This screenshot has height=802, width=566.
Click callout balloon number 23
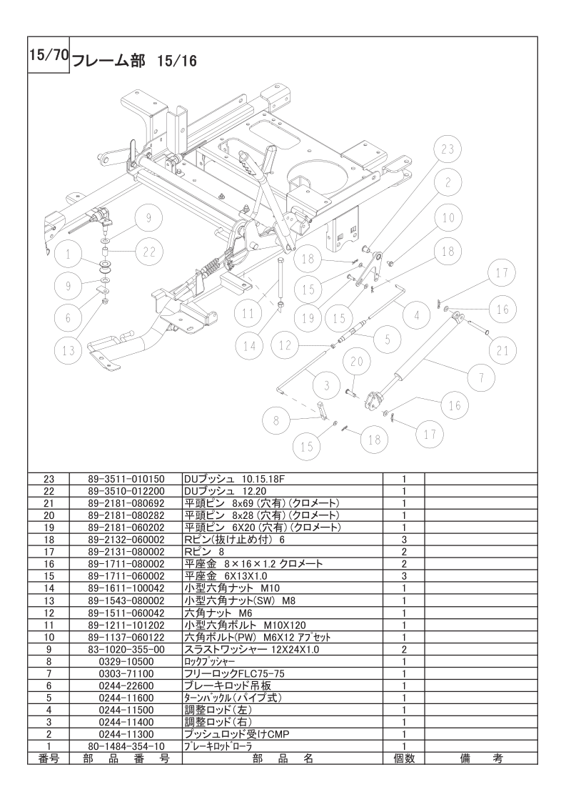[x=448, y=149]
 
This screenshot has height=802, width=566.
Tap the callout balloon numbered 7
[x=480, y=379]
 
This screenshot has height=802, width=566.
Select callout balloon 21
[x=503, y=350]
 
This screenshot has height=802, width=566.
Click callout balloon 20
[x=357, y=362]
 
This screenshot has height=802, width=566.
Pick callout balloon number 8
[x=276, y=421]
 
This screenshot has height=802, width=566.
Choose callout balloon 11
[x=248, y=313]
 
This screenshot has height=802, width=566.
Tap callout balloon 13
[x=69, y=350]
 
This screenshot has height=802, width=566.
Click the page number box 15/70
[x=49, y=55]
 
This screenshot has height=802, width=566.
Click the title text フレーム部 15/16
[x=134, y=61]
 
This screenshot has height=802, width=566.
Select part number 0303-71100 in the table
[x=126, y=673]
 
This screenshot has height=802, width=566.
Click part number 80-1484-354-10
[x=126, y=747]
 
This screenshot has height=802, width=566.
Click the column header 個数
[x=403, y=758]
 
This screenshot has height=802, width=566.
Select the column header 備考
[x=480, y=758]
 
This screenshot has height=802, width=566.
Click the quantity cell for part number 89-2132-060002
[x=403, y=540]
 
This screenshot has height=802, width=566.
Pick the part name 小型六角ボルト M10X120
[x=246, y=625]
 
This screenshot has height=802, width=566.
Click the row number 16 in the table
[x=49, y=564]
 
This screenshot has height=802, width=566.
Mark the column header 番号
[x=49, y=758]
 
